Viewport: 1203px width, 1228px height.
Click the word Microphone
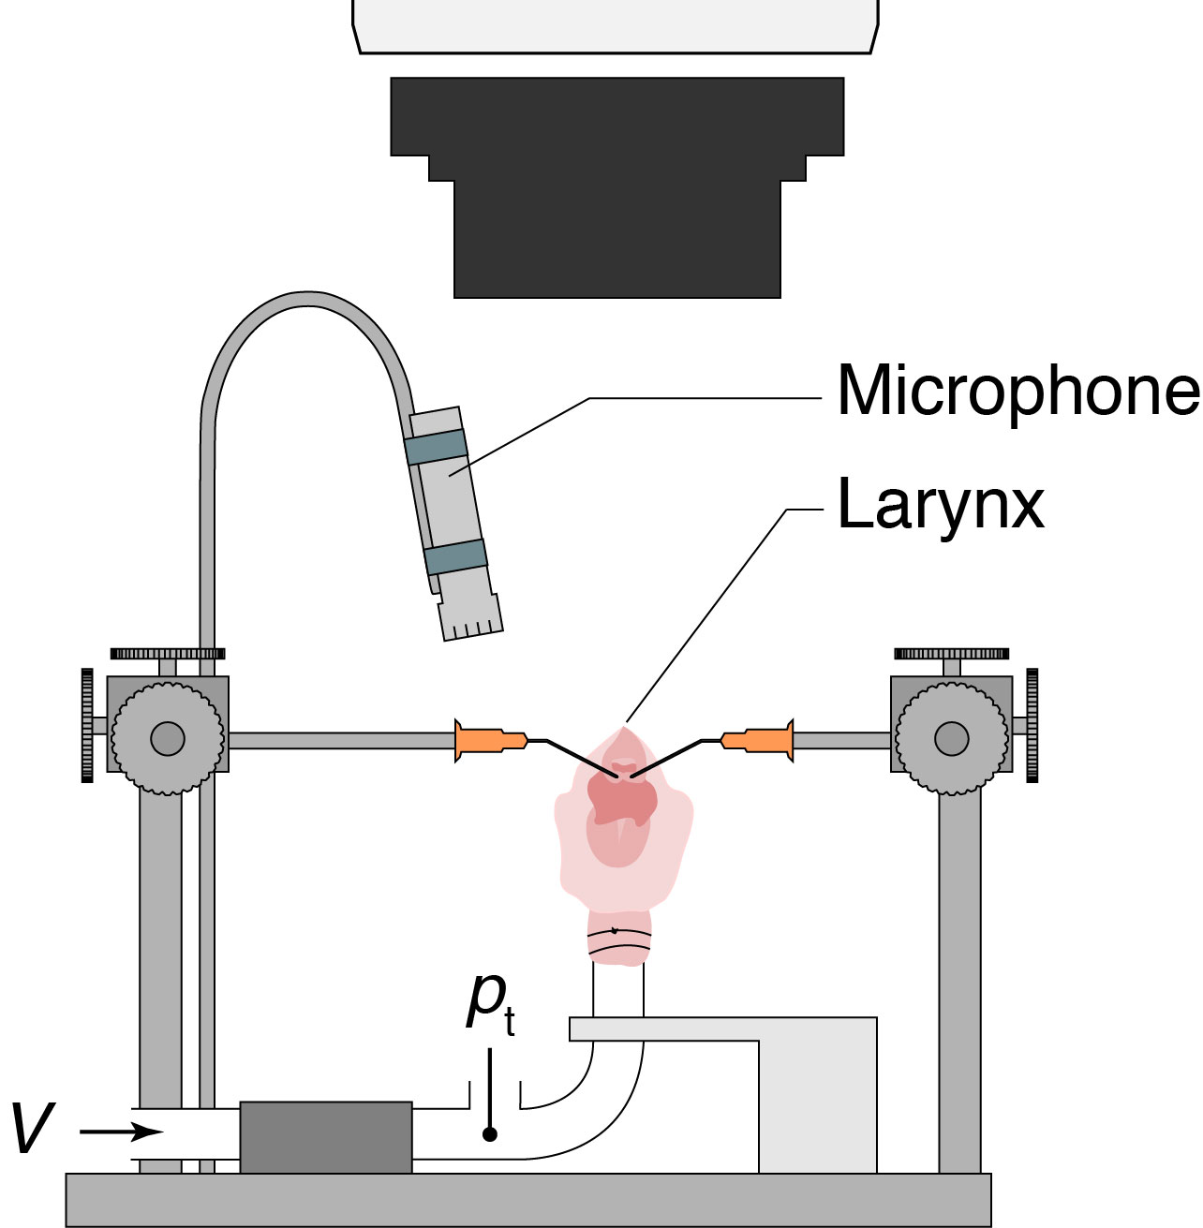click(1018, 392)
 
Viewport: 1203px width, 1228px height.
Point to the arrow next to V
click(121, 1132)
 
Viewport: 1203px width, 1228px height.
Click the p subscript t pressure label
click(490, 1004)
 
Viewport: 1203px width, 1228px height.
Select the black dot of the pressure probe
click(490, 1134)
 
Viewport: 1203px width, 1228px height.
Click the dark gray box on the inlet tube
click(326, 1137)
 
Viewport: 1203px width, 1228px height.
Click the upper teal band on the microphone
click(436, 447)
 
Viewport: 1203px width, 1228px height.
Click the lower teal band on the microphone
click(456, 555)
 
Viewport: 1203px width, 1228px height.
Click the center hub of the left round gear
click(168, 739)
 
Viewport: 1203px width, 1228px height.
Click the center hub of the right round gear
click(952, 739)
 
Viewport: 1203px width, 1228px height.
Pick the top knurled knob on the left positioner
click(168, 654)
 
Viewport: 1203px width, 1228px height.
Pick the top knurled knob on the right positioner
click(952, 654)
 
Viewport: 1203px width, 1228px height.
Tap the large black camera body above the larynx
click(617, 187)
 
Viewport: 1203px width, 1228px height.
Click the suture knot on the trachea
click(614, 930)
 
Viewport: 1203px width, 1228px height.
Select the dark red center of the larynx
click(622, 796)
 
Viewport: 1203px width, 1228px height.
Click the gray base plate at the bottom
click(528, 1200)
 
